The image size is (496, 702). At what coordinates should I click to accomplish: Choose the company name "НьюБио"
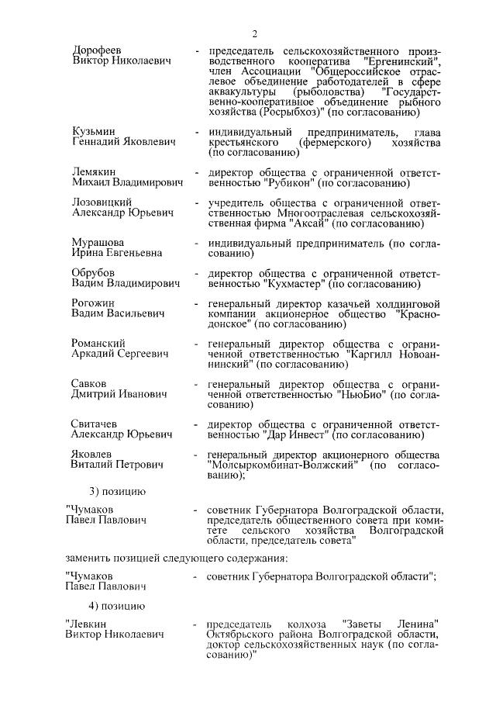[362, 394]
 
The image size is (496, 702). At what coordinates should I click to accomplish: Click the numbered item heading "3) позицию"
[117, 491]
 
